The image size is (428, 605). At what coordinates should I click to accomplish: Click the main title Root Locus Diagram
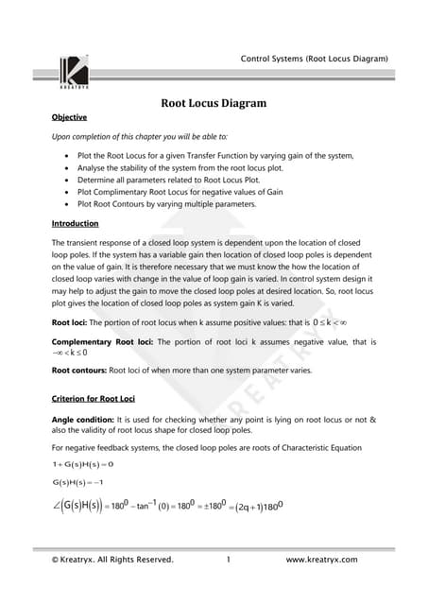pos(214,103)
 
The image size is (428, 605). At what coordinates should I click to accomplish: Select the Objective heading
pos(69,117)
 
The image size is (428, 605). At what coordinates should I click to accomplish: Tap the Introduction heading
pos(75,223)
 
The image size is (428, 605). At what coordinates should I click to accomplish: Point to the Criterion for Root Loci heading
pos(100,398)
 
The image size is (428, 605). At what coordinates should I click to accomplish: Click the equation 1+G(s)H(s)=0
pos(83,464)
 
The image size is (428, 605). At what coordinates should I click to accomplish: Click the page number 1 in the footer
pos(229,560)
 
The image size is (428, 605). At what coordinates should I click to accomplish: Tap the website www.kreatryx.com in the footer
pos(321,560)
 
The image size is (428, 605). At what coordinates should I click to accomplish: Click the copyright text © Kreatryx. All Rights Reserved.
pos(113,560)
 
